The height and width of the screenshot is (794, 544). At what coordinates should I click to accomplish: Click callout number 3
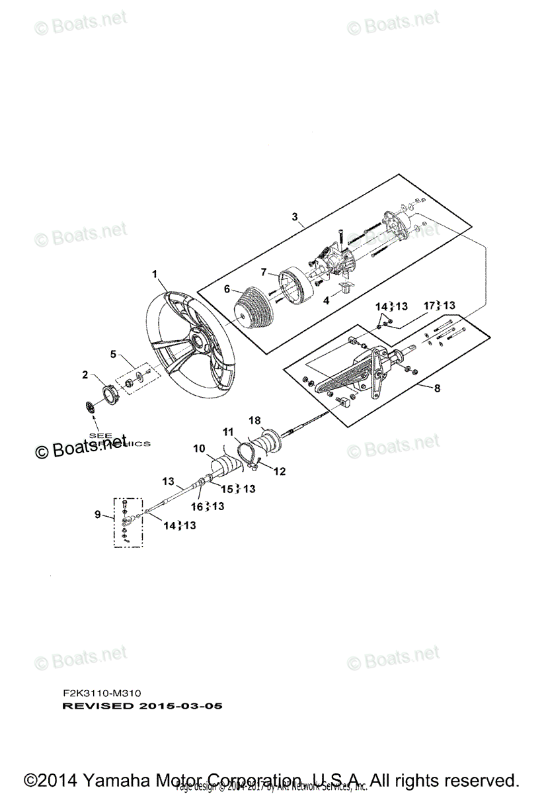(x=295, y=216)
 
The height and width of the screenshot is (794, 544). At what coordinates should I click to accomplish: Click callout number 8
(x=437, y=389)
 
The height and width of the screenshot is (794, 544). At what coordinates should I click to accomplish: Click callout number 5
(x=114, y=354)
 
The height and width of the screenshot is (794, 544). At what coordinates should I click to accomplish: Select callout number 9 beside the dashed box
(x=98, y=513)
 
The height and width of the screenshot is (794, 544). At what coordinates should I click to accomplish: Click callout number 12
(x=280, y=472)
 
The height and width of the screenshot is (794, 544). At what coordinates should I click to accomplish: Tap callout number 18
(x=254, y=420)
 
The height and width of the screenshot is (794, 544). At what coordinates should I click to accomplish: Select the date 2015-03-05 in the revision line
(x=181, y=706)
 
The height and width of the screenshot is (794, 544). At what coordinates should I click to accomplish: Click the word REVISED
(x=98, y=706)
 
